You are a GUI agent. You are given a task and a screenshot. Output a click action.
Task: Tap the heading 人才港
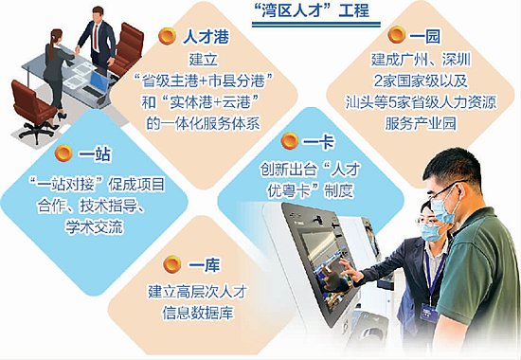click(x=206, y=37)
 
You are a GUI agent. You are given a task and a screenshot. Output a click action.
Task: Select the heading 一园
click(x=424, y=36)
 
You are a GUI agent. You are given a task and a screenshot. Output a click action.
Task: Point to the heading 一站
click(x=95, y=154)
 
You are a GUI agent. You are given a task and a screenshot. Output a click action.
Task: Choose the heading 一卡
click(x=318, y=142)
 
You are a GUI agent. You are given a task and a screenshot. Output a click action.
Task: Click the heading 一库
click(x=205, y=265)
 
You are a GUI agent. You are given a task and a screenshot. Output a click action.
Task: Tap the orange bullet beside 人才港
click(x=167, y=36)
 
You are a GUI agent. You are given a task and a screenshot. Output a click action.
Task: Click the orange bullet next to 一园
click(x=397, y=35)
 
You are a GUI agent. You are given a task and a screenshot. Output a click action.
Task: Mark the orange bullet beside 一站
click(x=63, y=153)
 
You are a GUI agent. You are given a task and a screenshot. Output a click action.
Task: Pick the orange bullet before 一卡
click(x=290, y=141)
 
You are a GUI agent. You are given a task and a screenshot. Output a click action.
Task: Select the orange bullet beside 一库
click(x=172, y=264)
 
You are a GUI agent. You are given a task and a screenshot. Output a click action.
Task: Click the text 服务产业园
click(x=421, y=124)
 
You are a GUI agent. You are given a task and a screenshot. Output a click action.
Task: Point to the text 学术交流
click(x=95, y=227)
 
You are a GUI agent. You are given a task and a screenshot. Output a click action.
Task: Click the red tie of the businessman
click(x=96, y=37)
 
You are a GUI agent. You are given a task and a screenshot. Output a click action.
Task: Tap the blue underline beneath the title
click(x=316, y=25)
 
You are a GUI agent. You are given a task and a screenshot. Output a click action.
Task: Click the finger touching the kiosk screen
click(x=343, y=264)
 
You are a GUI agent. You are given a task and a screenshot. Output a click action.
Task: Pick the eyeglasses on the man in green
click(x=445, y=190)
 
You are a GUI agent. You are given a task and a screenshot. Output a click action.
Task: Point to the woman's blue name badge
click(x=428, y=313)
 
